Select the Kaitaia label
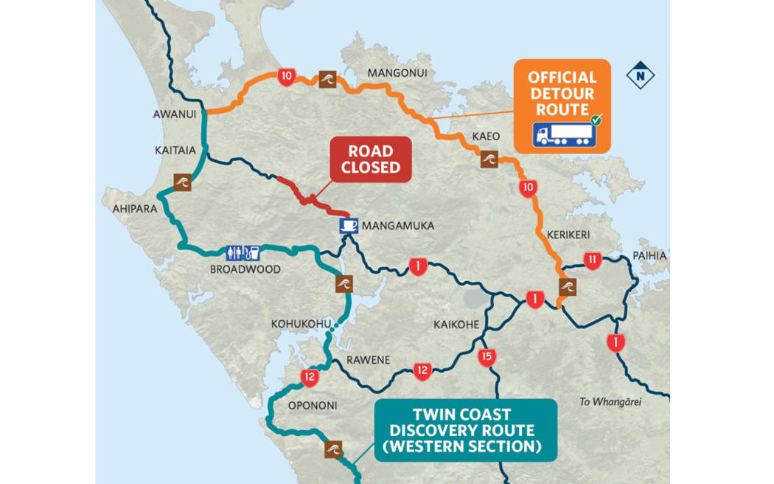pos(175,150)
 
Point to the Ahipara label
pos(135,209)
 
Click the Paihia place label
pos(649,255)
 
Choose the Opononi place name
pos(313,405)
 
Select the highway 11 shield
pos(592,260)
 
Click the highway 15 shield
pos(486,358)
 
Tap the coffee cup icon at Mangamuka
pos(349,225)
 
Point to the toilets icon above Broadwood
pos(234,252)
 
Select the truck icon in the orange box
pos(562,134)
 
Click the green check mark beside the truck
pos(596,120)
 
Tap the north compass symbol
pos(640,75)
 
